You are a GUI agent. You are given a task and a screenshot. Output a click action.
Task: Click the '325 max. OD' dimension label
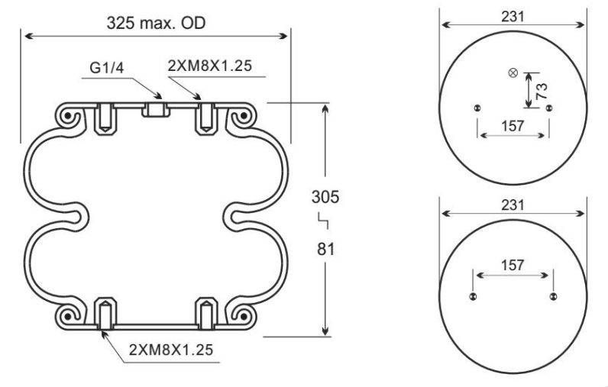[x=156, y=23]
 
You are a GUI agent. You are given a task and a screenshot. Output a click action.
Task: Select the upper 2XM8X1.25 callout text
[x=210, y=66]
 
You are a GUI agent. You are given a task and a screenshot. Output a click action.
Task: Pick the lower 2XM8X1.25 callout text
[x=171, y=350]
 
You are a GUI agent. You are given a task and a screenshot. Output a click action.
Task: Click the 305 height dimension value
[x=325, y=197]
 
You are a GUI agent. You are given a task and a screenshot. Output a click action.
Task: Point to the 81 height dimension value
[x=325, y=249]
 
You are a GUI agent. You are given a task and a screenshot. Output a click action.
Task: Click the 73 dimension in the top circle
[x=542, y=92]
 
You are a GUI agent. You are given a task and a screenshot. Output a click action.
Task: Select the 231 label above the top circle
[x=513, y=17]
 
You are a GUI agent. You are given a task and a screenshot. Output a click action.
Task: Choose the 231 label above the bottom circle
[x=513, y=205]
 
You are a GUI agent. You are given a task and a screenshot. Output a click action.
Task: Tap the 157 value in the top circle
[x=513, y=126]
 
